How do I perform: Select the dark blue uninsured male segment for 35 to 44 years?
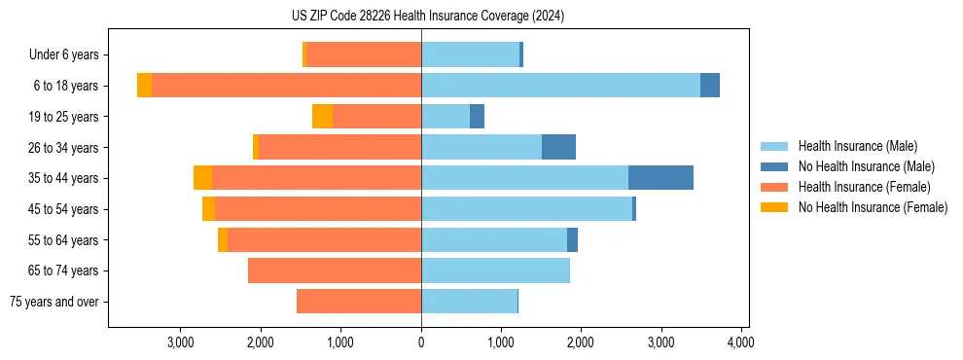click(660, 178)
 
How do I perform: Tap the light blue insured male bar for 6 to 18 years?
click(560, 86)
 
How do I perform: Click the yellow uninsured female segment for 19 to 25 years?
click(322, 117)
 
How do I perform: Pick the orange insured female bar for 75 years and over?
click(359, 302)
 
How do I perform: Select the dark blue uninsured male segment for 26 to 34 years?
click(558, 147)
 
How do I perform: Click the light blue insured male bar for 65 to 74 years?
click(495, 270)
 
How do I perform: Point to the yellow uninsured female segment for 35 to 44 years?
click(202, 178)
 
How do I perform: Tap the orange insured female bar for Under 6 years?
click(364, 54)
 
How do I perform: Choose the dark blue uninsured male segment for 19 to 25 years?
click(477, 117)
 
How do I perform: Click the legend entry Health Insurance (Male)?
click(857, 147)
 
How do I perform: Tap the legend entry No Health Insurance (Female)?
click(873, 207)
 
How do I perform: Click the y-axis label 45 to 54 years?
click(63, 209)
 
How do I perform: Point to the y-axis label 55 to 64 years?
click(63, 240)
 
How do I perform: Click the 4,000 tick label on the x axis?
click(740, 342)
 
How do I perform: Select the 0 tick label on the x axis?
click(421, 342)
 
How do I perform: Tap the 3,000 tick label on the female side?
click(181, 342)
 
